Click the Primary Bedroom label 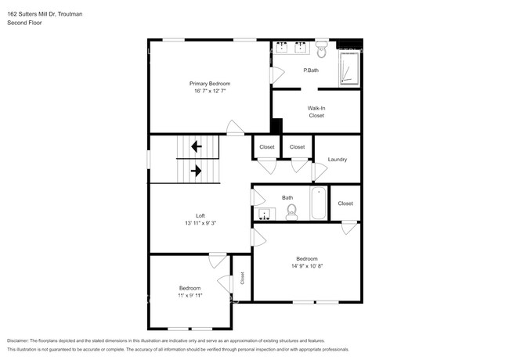point(209,83)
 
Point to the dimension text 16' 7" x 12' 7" point(209,91)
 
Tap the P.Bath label point(311,70)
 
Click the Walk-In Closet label point(316,112)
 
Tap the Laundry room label point(338,160)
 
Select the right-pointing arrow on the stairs point(196,170)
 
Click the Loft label point(200,216)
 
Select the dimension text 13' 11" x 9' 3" point(200,224)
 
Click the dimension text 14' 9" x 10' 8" point(306,266)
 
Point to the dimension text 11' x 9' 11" point(190,296)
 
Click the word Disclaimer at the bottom point(20,341)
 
